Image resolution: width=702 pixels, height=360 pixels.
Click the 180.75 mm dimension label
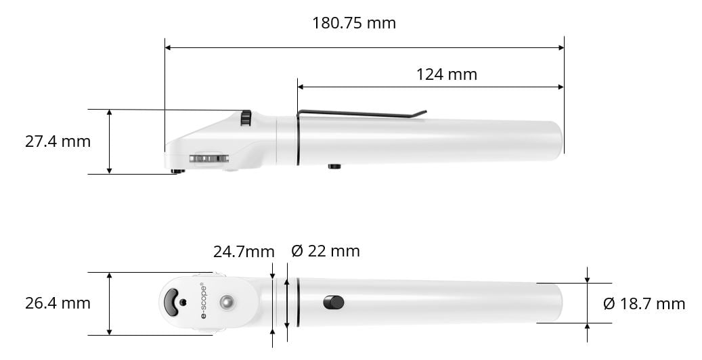click(x=353, y=23)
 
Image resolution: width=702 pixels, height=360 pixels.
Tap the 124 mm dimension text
click(x=446, y=74)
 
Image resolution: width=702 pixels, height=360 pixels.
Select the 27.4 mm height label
click(x=58, y=141)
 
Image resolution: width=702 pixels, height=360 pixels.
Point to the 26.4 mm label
click(x=58, y=303)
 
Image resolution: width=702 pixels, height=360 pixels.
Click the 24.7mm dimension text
click(x=244, y=252)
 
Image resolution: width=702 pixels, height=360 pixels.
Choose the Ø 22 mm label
click(x=326, y=251)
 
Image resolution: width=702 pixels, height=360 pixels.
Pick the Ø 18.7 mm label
click(x=644, y=304)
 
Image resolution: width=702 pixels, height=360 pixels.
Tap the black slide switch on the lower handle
click(x=334, y=302)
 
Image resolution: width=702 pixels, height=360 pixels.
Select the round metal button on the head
click(x=226, y=302)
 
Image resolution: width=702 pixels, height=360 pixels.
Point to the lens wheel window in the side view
click(x=209, y=158)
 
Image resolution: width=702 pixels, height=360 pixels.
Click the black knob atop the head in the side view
click(x=246, y=118)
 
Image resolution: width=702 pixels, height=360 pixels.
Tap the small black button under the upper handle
click(x=334, y=166)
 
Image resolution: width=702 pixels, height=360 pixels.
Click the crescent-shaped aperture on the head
click(x=173, y=302)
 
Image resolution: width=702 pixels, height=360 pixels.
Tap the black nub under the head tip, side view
click(x=177, y=171)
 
